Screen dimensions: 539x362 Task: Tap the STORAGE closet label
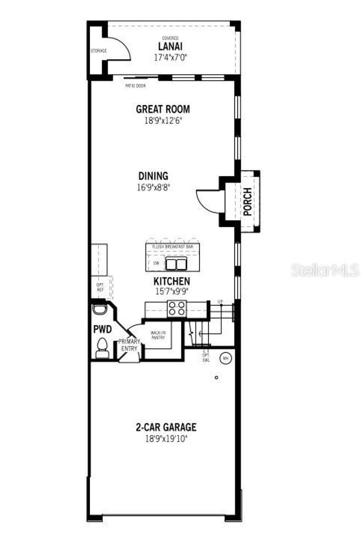[x=98, y=51]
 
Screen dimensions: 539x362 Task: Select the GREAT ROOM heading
[x=163, y=109]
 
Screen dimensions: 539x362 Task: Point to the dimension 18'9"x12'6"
[x=163, y=121]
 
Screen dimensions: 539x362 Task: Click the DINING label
[x=153, y=176]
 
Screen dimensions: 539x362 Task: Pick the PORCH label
[x=248, y=201]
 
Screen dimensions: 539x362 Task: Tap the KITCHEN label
[x=171, y=281]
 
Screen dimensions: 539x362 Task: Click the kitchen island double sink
[x=176, y=264]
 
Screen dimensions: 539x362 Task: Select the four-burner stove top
[x=176, y=308]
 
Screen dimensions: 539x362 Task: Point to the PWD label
[x=102, y=329]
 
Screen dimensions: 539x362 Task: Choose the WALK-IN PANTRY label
[x=158, y=335]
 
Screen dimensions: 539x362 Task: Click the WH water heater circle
[x=225, y=358]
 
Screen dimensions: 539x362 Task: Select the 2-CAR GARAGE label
[x=166, y=427]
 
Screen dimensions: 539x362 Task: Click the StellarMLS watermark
[x=325, y=270]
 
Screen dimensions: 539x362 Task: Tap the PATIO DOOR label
[x=135, y=86]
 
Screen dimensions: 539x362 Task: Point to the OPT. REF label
[x=100, y=287]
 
